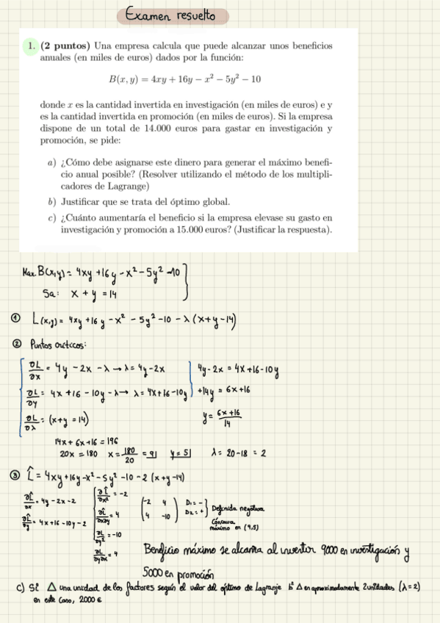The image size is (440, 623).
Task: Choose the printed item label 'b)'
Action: pos(51,201)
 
